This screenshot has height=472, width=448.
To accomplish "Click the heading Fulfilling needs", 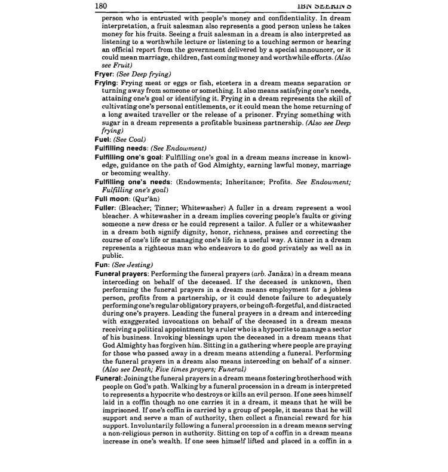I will click(x=122, y=148).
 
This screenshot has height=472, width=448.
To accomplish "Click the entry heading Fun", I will click(x=103, y=264).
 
